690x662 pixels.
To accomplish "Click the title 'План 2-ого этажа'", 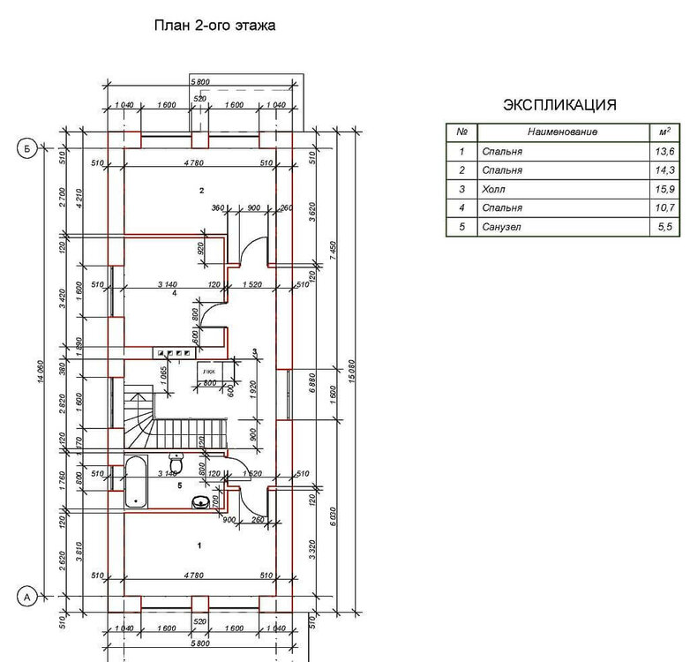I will (215, 26).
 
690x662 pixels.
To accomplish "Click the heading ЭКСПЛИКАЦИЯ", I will (559, 105).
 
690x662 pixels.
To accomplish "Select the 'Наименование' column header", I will (563, 132).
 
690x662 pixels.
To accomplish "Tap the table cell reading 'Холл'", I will (492, 189).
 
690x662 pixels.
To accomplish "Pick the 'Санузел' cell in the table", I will (499, 228).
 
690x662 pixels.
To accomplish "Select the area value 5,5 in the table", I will (668, 228).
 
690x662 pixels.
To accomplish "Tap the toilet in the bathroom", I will (175, 463).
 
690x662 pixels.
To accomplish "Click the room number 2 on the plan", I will (202, 191).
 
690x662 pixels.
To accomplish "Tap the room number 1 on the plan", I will (199, 545).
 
